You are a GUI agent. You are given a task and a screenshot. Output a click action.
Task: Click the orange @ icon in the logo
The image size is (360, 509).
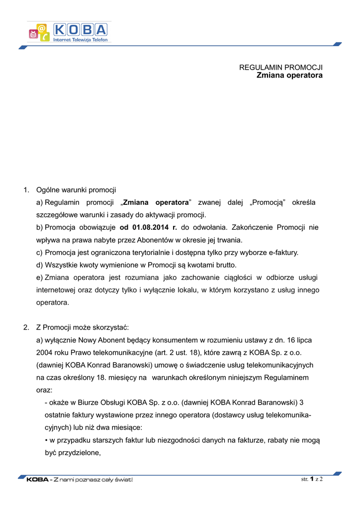(x=42, y=28)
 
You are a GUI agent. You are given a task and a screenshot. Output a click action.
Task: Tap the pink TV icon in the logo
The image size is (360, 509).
(x=34, y=34)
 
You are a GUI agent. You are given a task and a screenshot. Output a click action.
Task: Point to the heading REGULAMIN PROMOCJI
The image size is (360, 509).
(x=281, y=67)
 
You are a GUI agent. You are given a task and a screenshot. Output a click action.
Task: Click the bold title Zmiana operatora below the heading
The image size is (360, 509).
(x=289, y=75)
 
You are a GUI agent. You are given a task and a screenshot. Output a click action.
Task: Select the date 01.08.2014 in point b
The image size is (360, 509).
(x=149, y=227)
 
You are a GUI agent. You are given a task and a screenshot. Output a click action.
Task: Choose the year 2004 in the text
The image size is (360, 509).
(x=45, y=352)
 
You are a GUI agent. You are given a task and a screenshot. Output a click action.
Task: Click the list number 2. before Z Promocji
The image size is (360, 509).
(x=26, y=328)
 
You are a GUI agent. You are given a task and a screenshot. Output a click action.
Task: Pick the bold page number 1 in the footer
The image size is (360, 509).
(x=311, y=479)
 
